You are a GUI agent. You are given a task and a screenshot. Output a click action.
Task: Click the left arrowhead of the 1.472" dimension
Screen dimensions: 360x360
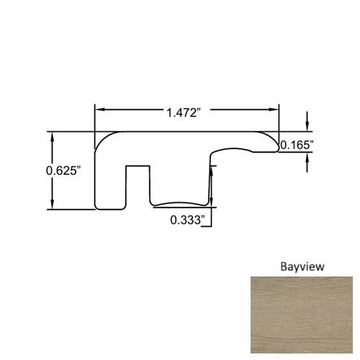tap(99, 109)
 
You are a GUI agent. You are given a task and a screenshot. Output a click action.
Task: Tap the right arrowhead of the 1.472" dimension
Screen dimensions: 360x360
tap(276, 109)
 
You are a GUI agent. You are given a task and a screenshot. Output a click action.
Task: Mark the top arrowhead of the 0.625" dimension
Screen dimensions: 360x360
tap(51, 136)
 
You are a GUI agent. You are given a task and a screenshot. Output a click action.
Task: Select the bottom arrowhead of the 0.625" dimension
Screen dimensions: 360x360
tap(51, 205)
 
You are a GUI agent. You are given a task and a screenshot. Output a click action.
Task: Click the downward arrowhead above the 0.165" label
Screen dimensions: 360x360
tap(309, 127)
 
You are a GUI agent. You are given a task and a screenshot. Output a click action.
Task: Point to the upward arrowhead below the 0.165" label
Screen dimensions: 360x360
tap(309, 161)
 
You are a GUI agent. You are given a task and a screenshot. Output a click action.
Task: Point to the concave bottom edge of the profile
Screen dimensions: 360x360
tap(180, 203)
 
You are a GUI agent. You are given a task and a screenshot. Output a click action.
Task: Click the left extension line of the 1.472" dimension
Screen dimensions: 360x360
tap(95, 119)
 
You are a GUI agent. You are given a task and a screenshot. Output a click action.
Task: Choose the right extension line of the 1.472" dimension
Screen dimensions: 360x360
tap(279, 119)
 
